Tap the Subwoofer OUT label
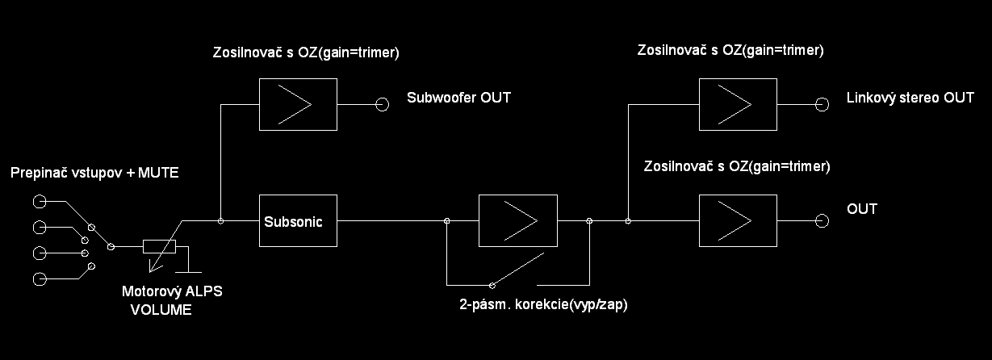(458, 98)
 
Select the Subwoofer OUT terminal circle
(382, 104)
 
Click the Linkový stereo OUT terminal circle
(822, 104)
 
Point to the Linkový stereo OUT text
(910, 98)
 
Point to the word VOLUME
(161, 309)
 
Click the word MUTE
(158, 173)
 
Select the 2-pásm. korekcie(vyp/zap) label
(543, 304)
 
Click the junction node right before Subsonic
(220, 221)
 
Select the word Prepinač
(41, 173)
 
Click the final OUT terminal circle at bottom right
(822, 221)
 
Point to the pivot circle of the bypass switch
(492, 286)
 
